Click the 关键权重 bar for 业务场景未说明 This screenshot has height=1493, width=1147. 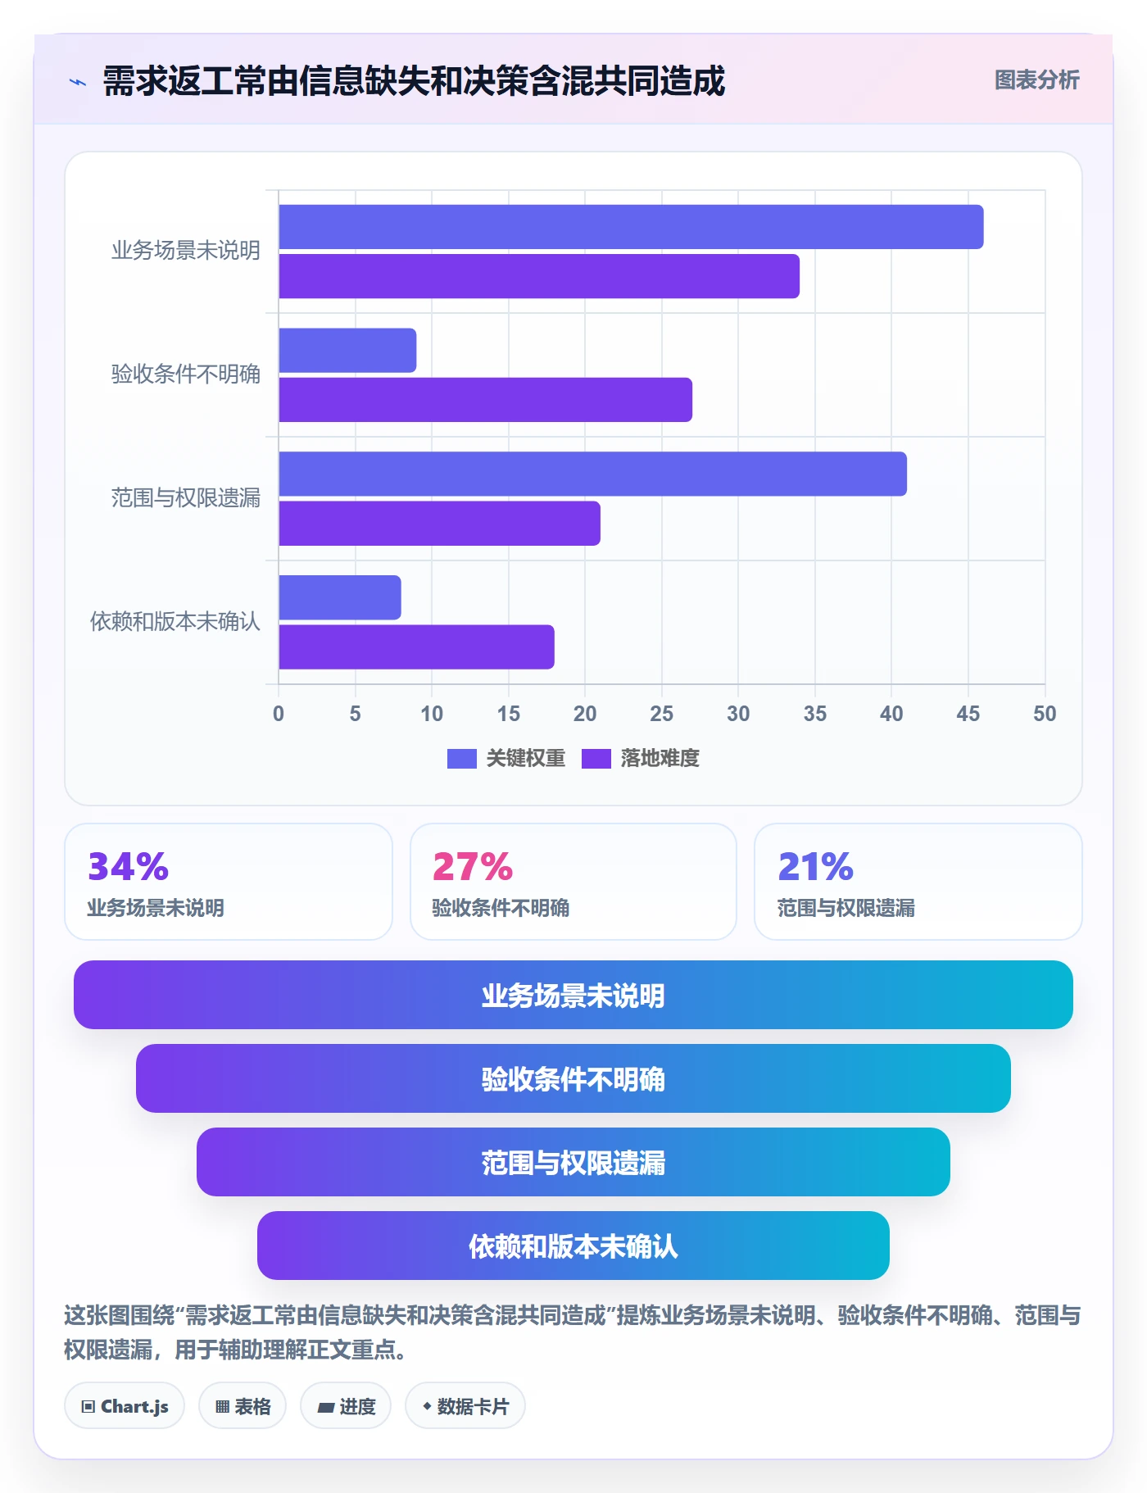pyautogui.click(x=631, y=227)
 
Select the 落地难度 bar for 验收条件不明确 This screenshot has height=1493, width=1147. pyautogui.click(x=485, y=400)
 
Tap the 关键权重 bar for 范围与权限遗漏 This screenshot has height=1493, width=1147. pyautogui.click(x=592, y=474)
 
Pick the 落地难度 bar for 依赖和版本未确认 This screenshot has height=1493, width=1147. pyautogui.click(x=416, y=647)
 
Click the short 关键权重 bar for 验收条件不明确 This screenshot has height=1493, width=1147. pyautogui.click(x=347, y=351)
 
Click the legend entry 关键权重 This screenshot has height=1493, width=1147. pyautogui.click(x=506, y=758)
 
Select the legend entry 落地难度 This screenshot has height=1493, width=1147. pyautogui.click(x=641, y=758)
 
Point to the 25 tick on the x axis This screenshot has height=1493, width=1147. pyautogui.click(x=661, y=714)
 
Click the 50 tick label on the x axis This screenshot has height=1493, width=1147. pyautogui.click(x=1045, y=714)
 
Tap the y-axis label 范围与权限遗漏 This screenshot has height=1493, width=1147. pyautogui.click(x=186, y=497)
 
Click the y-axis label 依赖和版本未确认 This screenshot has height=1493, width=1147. pyautogui.click(x=175, y=621)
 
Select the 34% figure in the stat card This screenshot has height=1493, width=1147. pyautogui.click(x=128, y=866)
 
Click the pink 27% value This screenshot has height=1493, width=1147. pyautogui.click(x=473, y=866)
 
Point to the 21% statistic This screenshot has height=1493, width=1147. pyautogui.click(x=816, y=866)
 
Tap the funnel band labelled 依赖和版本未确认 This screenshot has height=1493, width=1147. pyautogui.click(x=573, y=1246)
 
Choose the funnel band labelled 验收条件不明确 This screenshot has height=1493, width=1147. pyautogui.click(x=573, y=1078)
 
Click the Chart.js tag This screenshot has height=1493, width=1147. pyautogui.click(x=125, y=1406)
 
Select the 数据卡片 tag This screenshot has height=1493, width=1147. pyautogui.click(x=465, y=1406)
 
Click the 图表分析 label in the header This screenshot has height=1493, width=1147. pyautogui.click(x=1037, y=79)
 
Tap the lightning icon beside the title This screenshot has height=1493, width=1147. pyautogui.click(x=78, y=82)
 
